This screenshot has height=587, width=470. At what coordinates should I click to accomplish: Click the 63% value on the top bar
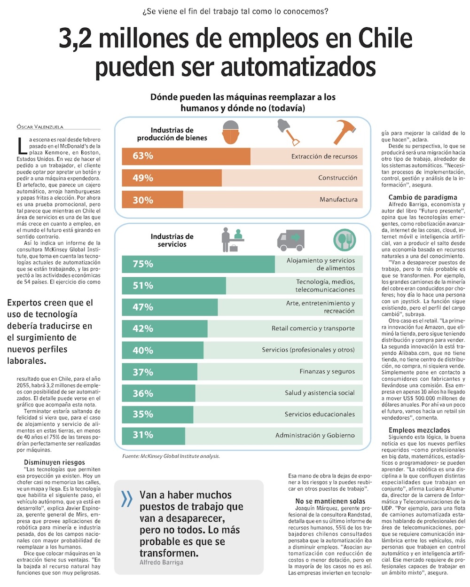(x=143, y=156)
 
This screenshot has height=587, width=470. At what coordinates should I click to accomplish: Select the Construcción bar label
(x=337, y=178)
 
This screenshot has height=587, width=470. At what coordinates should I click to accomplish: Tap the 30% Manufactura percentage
(x=143, y=200)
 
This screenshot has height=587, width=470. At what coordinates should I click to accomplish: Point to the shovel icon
(x=288, y=131)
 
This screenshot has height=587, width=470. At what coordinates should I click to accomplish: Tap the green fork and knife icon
(x=345, y=240)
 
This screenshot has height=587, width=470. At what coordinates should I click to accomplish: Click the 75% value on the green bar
(x=143, y=264)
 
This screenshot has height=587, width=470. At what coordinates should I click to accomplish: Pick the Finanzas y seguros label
(x=327, y=371)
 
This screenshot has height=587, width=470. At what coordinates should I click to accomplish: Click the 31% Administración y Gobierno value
(x=143, y=435)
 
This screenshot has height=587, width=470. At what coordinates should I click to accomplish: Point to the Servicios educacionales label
(x=320, y=414)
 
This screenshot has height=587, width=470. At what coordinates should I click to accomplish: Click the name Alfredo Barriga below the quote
(x=161, y=562)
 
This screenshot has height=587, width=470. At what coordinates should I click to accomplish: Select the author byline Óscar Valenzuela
(x=40, y=126)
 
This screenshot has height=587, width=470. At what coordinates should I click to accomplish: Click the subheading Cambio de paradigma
(x=423, y=197)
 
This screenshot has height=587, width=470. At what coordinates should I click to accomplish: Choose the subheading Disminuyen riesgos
(x=55, y=462)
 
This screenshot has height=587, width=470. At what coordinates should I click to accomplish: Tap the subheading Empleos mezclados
(x=419, y=430)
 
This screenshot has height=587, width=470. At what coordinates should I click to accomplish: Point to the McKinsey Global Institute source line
(x=171, y=456)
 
